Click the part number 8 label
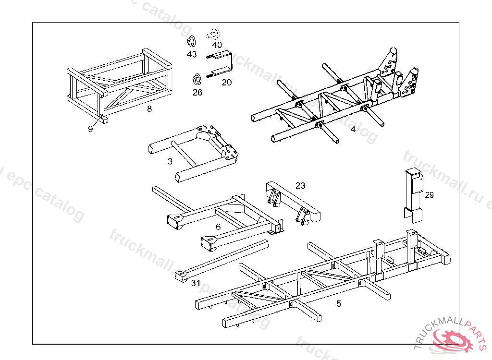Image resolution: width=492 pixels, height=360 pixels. tap(149, 109)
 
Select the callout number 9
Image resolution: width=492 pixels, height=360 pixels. tap(90, 129)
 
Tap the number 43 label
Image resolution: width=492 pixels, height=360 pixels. tap(192, 54)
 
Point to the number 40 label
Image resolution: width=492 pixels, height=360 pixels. tap(217, 45)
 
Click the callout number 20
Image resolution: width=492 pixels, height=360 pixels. tap(227, 83)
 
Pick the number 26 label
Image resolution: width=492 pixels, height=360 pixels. tap(197, 92)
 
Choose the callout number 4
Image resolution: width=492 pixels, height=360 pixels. tap(353, 129)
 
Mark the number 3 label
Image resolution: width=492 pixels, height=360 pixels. tap(170, 162)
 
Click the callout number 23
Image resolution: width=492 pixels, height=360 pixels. tap(300, 186)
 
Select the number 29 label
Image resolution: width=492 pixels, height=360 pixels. tap(429, 194)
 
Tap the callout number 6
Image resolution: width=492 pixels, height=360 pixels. tap(218, 227)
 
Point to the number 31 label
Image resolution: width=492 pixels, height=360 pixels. tap(196, 283)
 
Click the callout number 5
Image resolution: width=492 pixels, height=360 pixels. tap(339, 303)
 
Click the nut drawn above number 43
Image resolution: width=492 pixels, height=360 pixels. tap(191, 40)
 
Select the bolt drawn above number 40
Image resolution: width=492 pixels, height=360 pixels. tap(212, 34)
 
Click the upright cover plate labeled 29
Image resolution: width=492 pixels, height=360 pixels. tap(413, 194)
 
